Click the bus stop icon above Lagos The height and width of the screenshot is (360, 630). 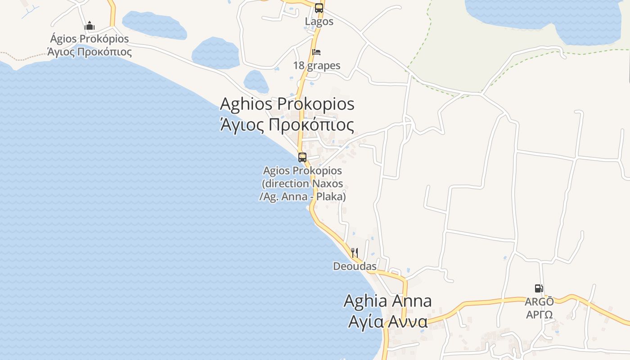coord(319,8)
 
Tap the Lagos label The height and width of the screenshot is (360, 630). coord(319,22)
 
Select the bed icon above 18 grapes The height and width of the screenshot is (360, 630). coord(316,52)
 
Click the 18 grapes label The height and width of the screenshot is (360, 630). coord(317,66)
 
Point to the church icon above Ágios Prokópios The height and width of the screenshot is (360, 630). coord(90,26)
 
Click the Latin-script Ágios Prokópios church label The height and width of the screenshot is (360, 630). coord(90,39)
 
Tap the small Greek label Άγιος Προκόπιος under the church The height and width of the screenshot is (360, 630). coord(90,52)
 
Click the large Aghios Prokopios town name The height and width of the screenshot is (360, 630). coord(287,104)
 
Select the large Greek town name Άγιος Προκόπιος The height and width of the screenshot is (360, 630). coord(287,125)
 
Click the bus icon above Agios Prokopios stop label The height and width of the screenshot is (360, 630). coord(302,157)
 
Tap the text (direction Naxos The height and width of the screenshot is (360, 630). coord(302,184)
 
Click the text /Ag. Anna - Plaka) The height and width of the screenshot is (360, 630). coord(302,197)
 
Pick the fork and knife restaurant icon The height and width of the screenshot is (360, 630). coord(355,252)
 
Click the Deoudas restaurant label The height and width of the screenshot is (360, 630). coord(355,266)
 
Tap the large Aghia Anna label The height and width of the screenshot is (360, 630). coord(387,301)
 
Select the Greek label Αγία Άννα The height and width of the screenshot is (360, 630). coord(387,322)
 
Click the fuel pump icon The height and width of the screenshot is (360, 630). coord(539,288)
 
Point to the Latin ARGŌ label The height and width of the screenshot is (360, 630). coord(539,301)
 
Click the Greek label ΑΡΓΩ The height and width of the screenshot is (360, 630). coord(539,314)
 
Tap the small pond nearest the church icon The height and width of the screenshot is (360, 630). coord(154,25)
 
